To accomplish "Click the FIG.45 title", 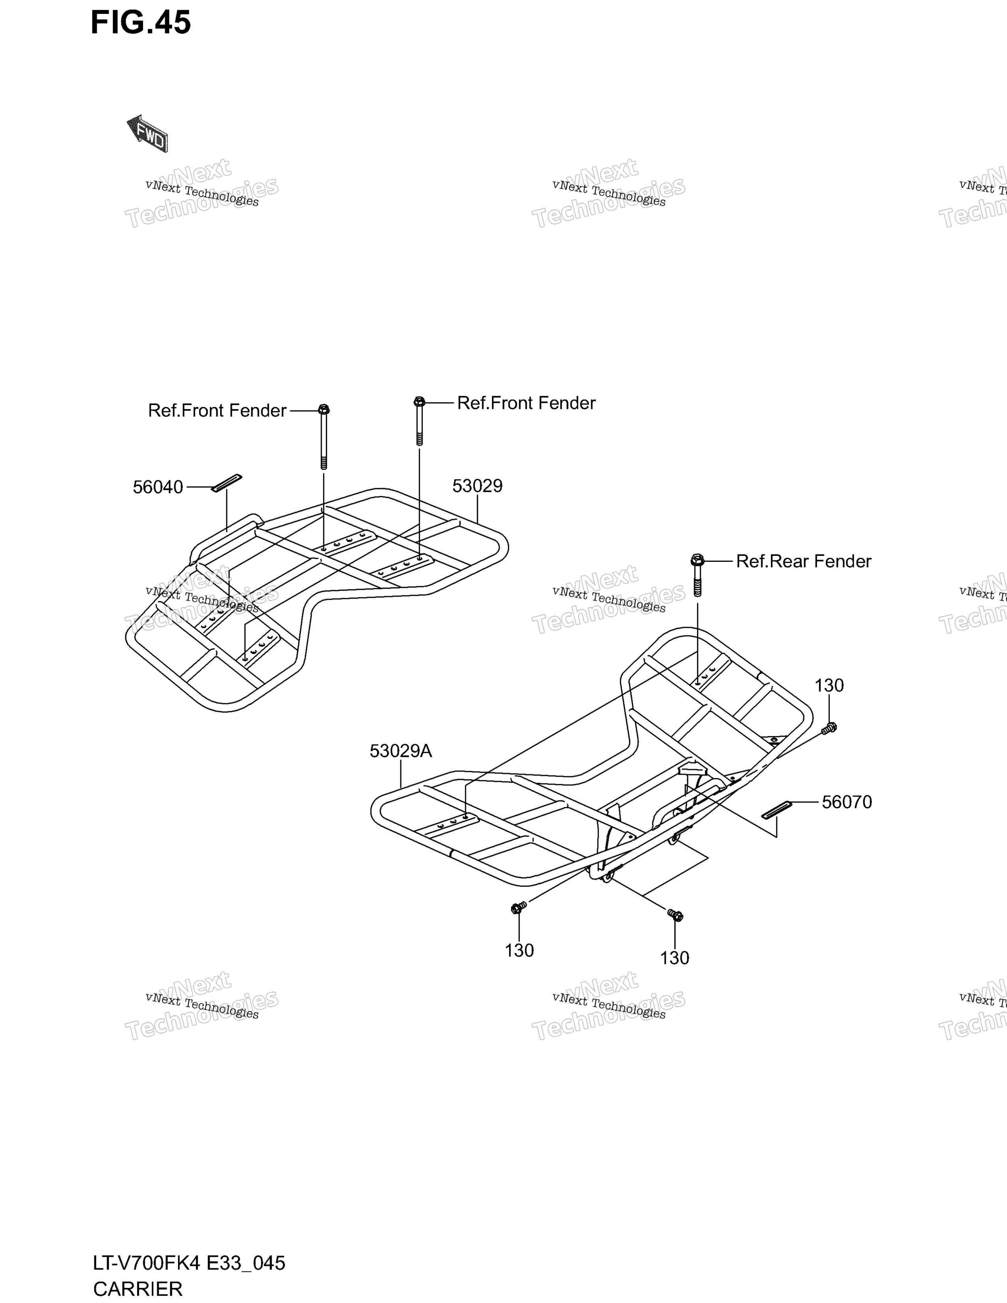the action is [x=141, y=23].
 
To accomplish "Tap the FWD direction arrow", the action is [x=147, y=133].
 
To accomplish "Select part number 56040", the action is [x=158, y=487].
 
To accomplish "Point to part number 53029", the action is [x=477, y=486].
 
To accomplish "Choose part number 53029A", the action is [x=400, y=751].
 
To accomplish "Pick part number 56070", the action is [x=847, y=802].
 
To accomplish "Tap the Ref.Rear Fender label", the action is [x=804, y=561].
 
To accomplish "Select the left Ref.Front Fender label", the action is [x=217, y=411].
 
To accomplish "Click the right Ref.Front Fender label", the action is [x=526, y=403].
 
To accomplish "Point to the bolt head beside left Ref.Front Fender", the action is [x=324, y=410].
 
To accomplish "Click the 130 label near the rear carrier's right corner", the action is [x=829, y=685].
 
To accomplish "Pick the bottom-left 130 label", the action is [x=519, y=950].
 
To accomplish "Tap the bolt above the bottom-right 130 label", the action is [x=675, y=914].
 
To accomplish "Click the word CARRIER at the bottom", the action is [x=138, y=1289].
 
